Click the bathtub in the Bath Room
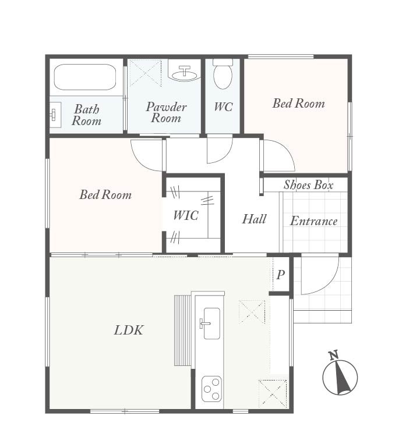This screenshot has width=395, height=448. click(x=85, y=77)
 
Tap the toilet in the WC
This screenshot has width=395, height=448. click(x=223, y=74)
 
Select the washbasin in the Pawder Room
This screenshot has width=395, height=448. click(x=185, y=73)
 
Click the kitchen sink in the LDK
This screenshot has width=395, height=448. click(x=211, y=323)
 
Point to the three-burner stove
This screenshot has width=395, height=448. click(x=211, y=389)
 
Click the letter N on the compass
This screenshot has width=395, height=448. click(x=333, y=355)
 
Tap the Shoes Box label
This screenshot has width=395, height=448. click(x=308, y=185)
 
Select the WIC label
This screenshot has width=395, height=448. click(x=186, y=215)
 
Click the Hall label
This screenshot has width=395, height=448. click(x=254, y=219)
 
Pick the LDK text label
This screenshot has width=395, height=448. click(x=128, y=330)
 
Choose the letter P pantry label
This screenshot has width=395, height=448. click(x=281, y=275)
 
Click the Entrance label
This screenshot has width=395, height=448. click(x=314, y=221)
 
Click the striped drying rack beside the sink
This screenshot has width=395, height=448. click(x=182, y=330)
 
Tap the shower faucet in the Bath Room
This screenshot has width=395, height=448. click(x=53, y=115)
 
